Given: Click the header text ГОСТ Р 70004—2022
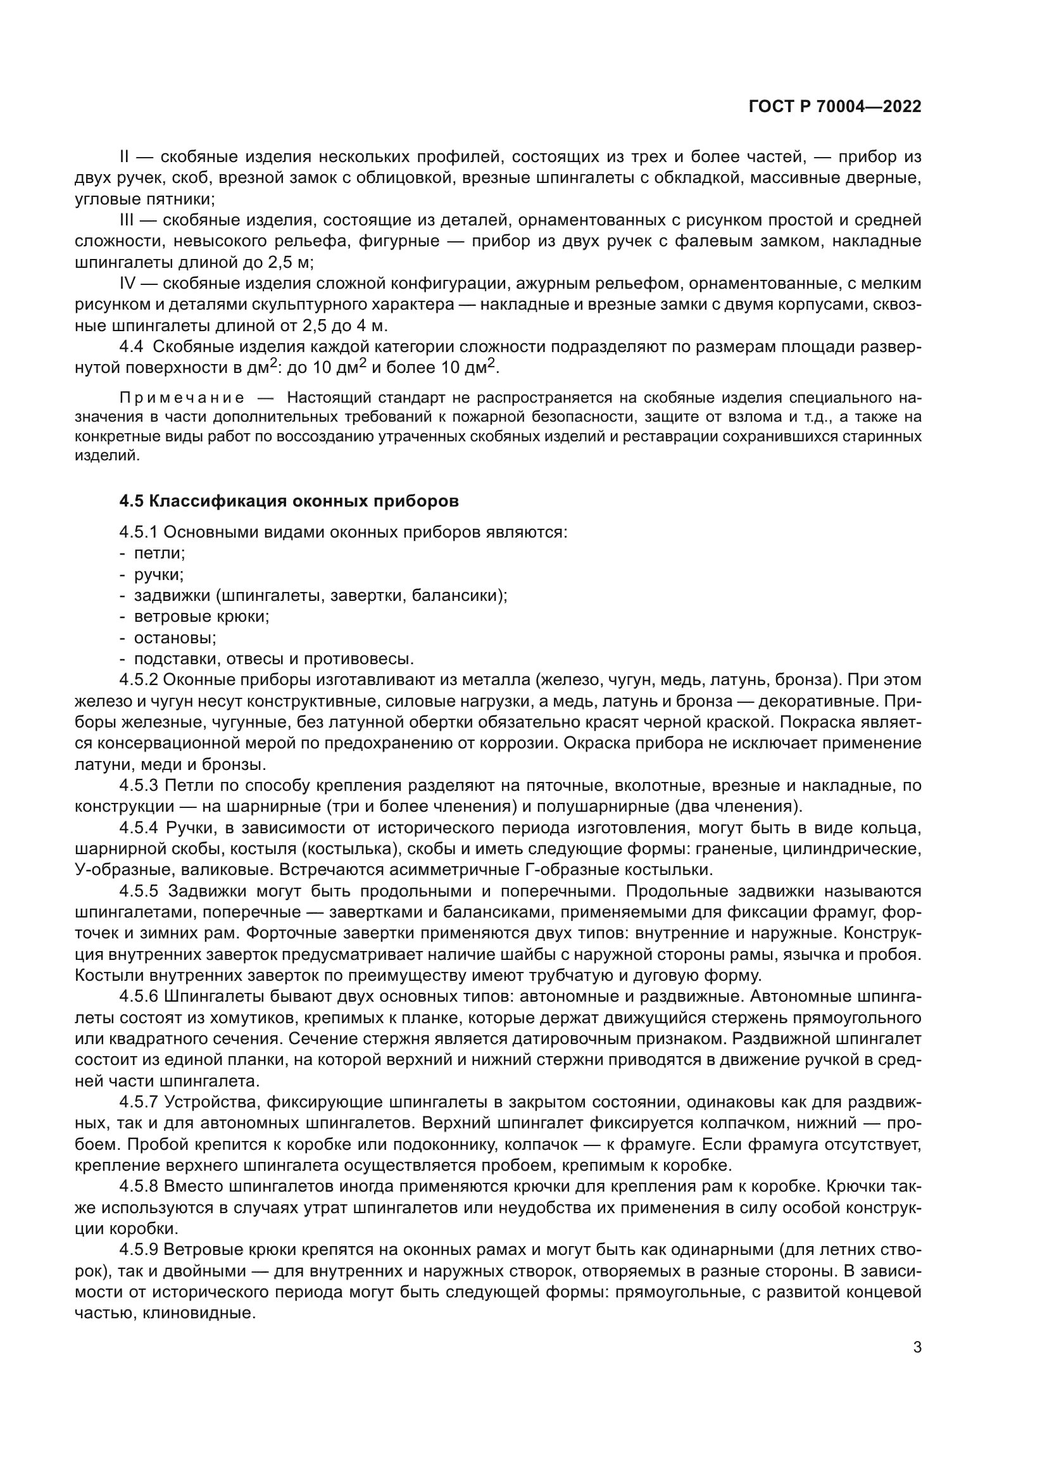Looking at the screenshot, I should [x=835, y=107].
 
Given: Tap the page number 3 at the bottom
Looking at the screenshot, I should [x=917, y=1347].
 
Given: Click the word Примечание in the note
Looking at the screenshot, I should [x=182, y=397].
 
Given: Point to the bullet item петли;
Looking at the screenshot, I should [x=160, y=553].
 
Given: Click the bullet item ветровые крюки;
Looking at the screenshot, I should [x=201, y=616].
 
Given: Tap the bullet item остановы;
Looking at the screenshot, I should [x=175, y=638].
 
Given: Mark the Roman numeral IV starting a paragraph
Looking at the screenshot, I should [x=129, y=284].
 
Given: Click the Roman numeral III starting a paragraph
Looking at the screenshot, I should [x=128, y=220].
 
